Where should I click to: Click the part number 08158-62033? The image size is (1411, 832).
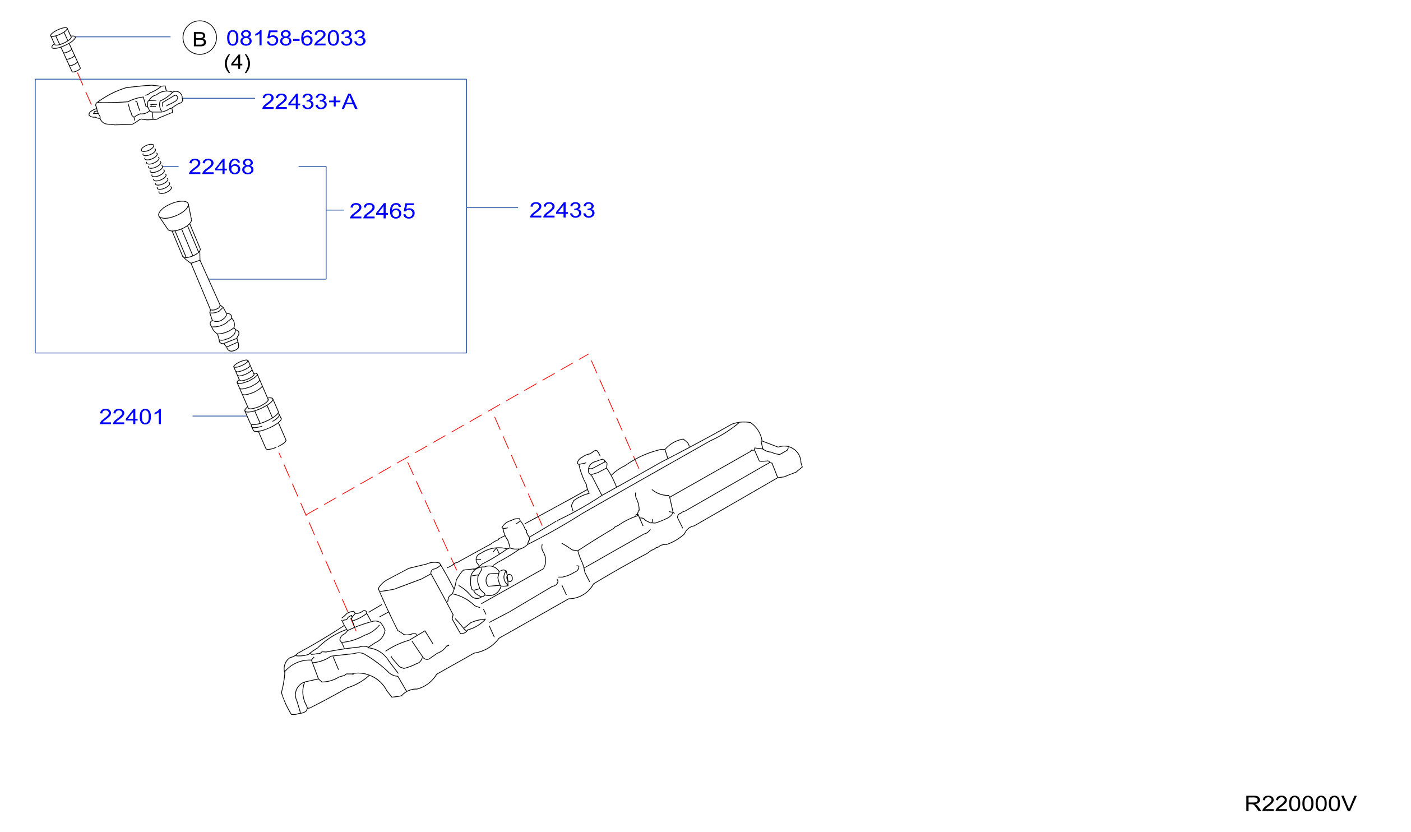[296, 38]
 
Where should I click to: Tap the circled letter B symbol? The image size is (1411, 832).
[200, 38]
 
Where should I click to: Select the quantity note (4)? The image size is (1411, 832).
[237, 62]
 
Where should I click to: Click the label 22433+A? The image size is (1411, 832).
[309, 101]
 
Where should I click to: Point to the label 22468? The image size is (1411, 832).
[221, 167]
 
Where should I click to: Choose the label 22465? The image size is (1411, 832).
[382, 211]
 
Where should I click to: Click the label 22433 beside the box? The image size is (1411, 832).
[562, 210]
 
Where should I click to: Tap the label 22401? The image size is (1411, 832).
[132, 417]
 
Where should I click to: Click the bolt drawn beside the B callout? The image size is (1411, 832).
[65, 49]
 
